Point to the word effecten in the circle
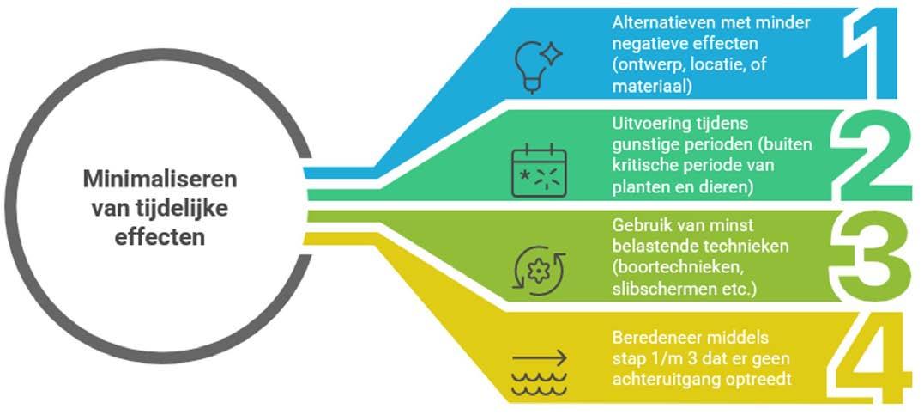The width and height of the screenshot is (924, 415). pos(160,236)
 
